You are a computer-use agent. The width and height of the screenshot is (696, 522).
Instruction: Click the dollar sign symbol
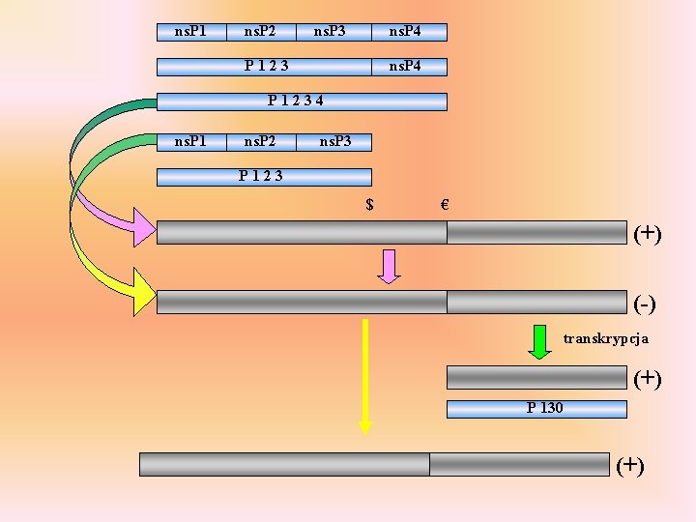pyautogui.click(x=369, y=204)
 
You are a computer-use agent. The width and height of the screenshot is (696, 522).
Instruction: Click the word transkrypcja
pyautogui.click(x=606, y=338)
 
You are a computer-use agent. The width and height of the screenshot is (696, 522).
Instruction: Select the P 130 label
pyautogui.click(x=544, y=408)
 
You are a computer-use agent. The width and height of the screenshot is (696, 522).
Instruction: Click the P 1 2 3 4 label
pyautogui.click(x=295, y=101)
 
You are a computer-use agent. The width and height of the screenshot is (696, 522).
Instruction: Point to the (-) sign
pyautogui.click(x=645, y=304)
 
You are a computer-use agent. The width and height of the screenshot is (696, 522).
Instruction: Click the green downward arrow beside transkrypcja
pyautogui.click(x=540, y=341)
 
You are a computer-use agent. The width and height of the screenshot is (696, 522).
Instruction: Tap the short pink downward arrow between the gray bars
pyautogui.click(x=389, y=266)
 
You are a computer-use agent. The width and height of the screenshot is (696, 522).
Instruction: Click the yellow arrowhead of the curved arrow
pyautogui.click(x=142, y=293)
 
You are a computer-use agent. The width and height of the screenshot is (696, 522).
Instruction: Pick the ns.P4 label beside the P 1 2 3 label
pyautogui.click(x=404, y=66)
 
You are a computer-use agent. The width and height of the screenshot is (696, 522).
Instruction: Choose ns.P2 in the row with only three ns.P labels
pyautogui.click(x=259, y=142)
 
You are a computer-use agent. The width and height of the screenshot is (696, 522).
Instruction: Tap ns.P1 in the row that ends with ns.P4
pyautogui.click(x=189, y=32)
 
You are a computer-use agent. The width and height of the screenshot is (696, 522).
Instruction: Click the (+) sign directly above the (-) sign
pyautogui.click(x=648, y=234)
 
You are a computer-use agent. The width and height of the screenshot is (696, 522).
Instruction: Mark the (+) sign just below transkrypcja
pyautogui.click(x=648, y=378)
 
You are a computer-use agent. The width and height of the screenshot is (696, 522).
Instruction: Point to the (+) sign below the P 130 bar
pyautogui.click(x=630, y=465)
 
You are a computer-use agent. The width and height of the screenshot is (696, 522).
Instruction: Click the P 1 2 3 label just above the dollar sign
pyautogui.click(x=261, y=176)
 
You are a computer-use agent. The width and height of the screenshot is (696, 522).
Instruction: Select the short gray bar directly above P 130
pyautogui.click(x=536, y=377)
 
